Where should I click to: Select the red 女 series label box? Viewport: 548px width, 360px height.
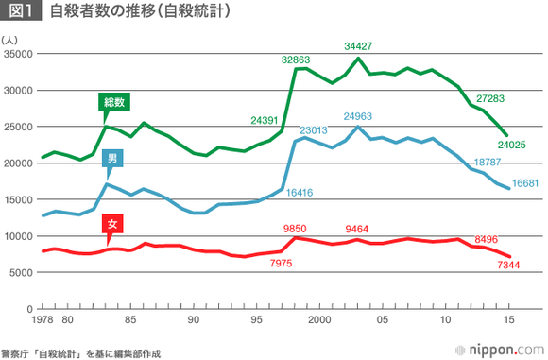[x=111, y=225]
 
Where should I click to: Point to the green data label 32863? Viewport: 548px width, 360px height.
[x=297, y=59]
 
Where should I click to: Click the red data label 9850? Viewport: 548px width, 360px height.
[x=298, y=229]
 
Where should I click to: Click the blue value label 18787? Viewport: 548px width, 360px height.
[x=488, y=163]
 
